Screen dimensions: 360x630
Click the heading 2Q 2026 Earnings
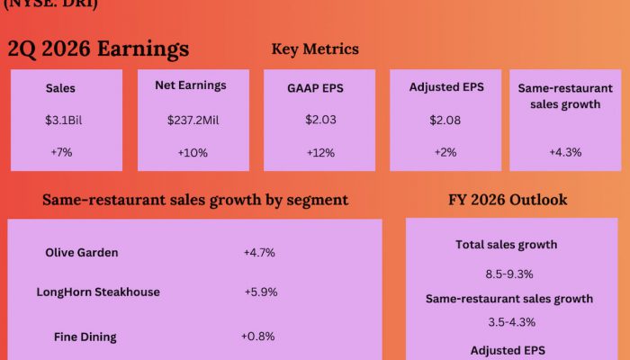98,49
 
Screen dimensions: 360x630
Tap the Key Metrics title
314,49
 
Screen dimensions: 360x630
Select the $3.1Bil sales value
61,120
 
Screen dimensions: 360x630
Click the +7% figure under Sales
61,152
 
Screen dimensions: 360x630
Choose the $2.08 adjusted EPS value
445,120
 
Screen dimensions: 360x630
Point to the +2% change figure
445,152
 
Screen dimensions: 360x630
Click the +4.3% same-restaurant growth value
565,152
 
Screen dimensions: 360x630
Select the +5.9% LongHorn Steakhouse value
261,292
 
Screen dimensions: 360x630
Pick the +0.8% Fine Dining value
258,337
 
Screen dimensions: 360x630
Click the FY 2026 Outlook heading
508,200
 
